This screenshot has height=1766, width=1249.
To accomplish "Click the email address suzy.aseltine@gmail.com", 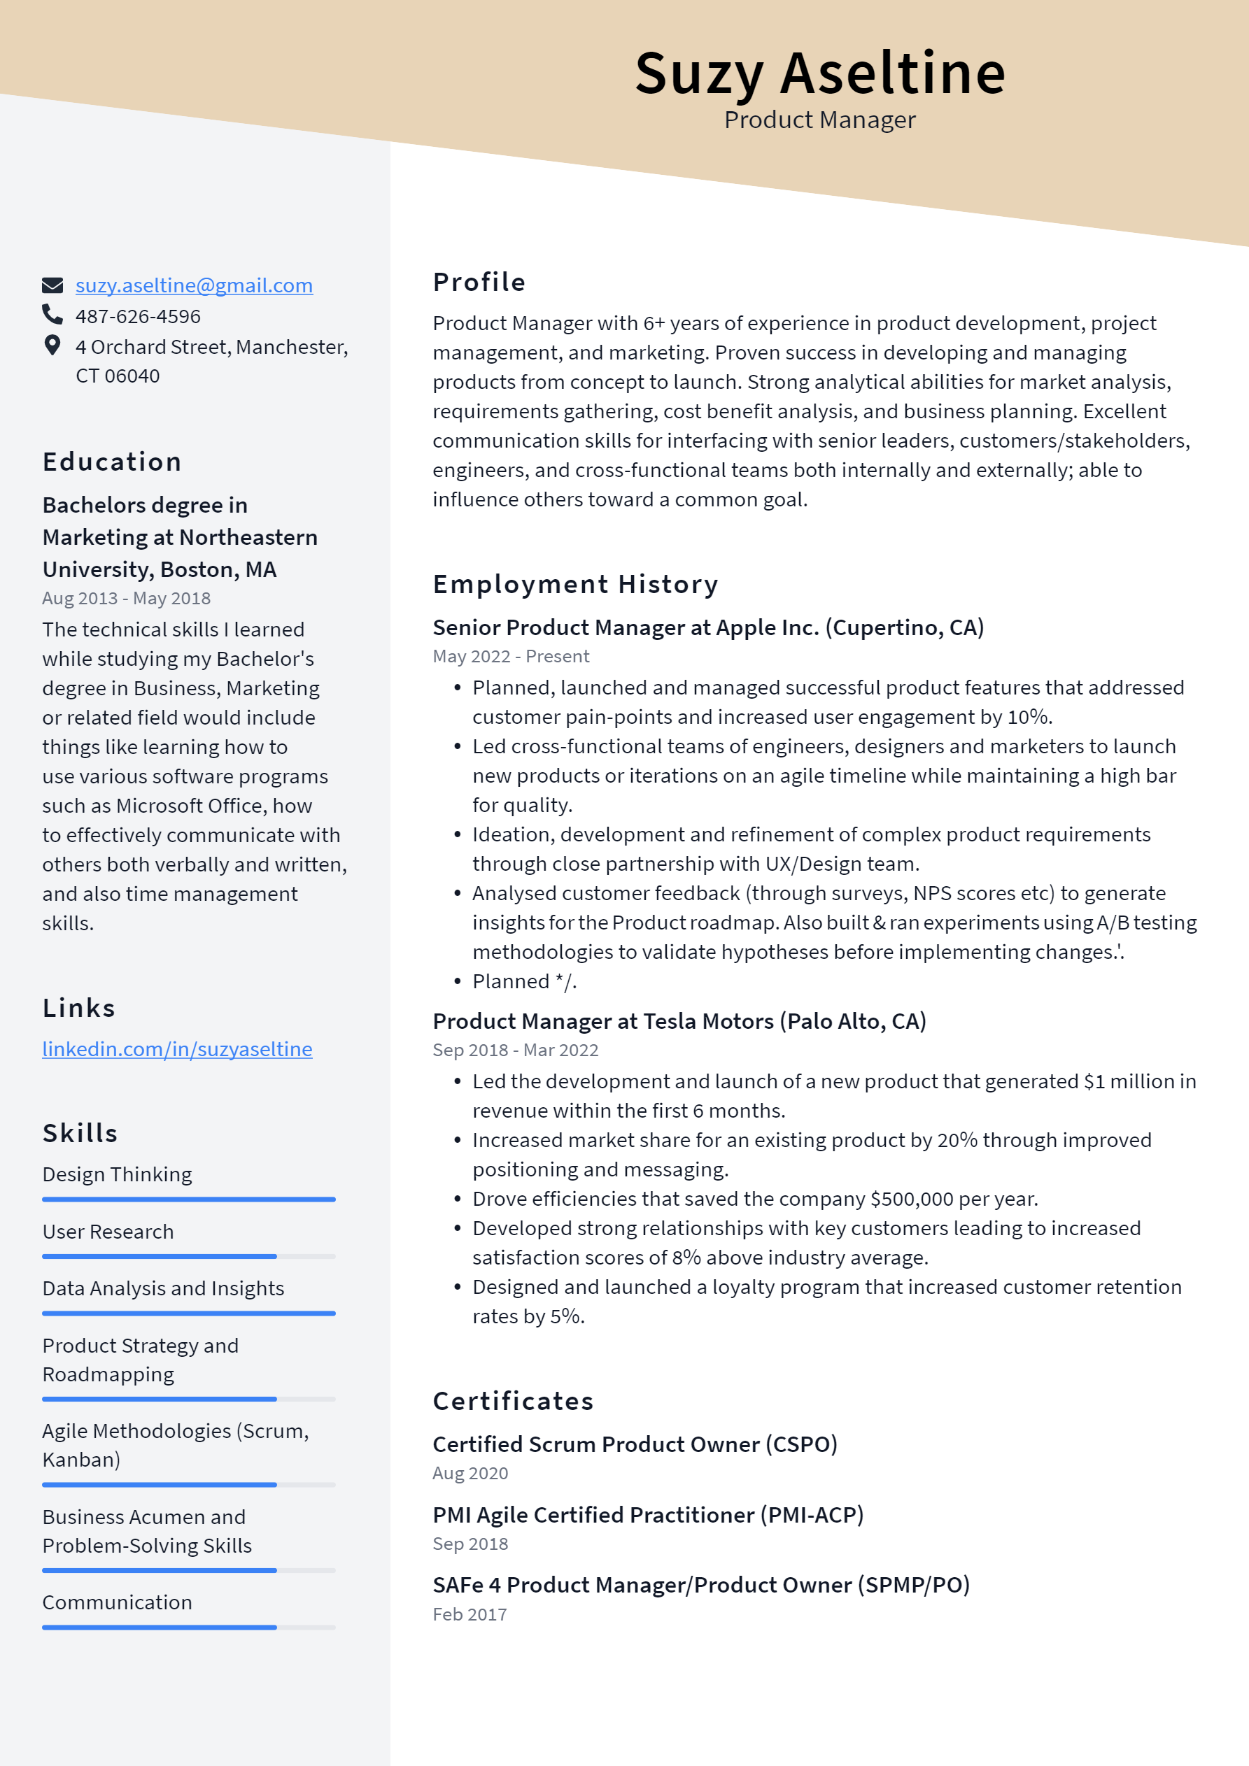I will click(x=194, y=285).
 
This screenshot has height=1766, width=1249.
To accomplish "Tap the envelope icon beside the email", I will click(x=52, y=285).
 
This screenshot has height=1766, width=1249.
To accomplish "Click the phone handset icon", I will click(x=52, y=315).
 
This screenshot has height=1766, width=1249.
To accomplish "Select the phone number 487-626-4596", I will click(x=138, y=316).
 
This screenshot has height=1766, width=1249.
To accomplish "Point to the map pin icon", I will click(x=52, y=346).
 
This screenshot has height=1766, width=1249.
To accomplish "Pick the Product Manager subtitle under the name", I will click(x=819, y=120).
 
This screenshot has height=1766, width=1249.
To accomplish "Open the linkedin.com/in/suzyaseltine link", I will click(x=177, y=1049).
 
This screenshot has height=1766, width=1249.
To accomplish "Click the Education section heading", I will click(x=113, y=462).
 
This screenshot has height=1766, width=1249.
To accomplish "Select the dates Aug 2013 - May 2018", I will click(x=126, y=599).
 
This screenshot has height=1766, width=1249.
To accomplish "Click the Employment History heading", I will click(x=575, y=585).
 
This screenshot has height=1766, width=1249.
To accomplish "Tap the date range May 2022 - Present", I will click(x=511, y=656).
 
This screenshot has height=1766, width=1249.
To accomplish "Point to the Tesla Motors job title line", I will click(x=679, y=1021).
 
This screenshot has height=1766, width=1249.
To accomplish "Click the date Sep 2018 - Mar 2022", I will click(x=515, y=1050).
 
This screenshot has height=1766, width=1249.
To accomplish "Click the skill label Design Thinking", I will click(x=117, y=1174).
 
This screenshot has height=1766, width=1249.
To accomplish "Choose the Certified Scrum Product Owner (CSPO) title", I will click(x=634, y=1444).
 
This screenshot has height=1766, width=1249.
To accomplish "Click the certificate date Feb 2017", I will click(x=470, y=1614).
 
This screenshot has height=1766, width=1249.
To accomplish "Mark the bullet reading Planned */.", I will click(x=523, y=981).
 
